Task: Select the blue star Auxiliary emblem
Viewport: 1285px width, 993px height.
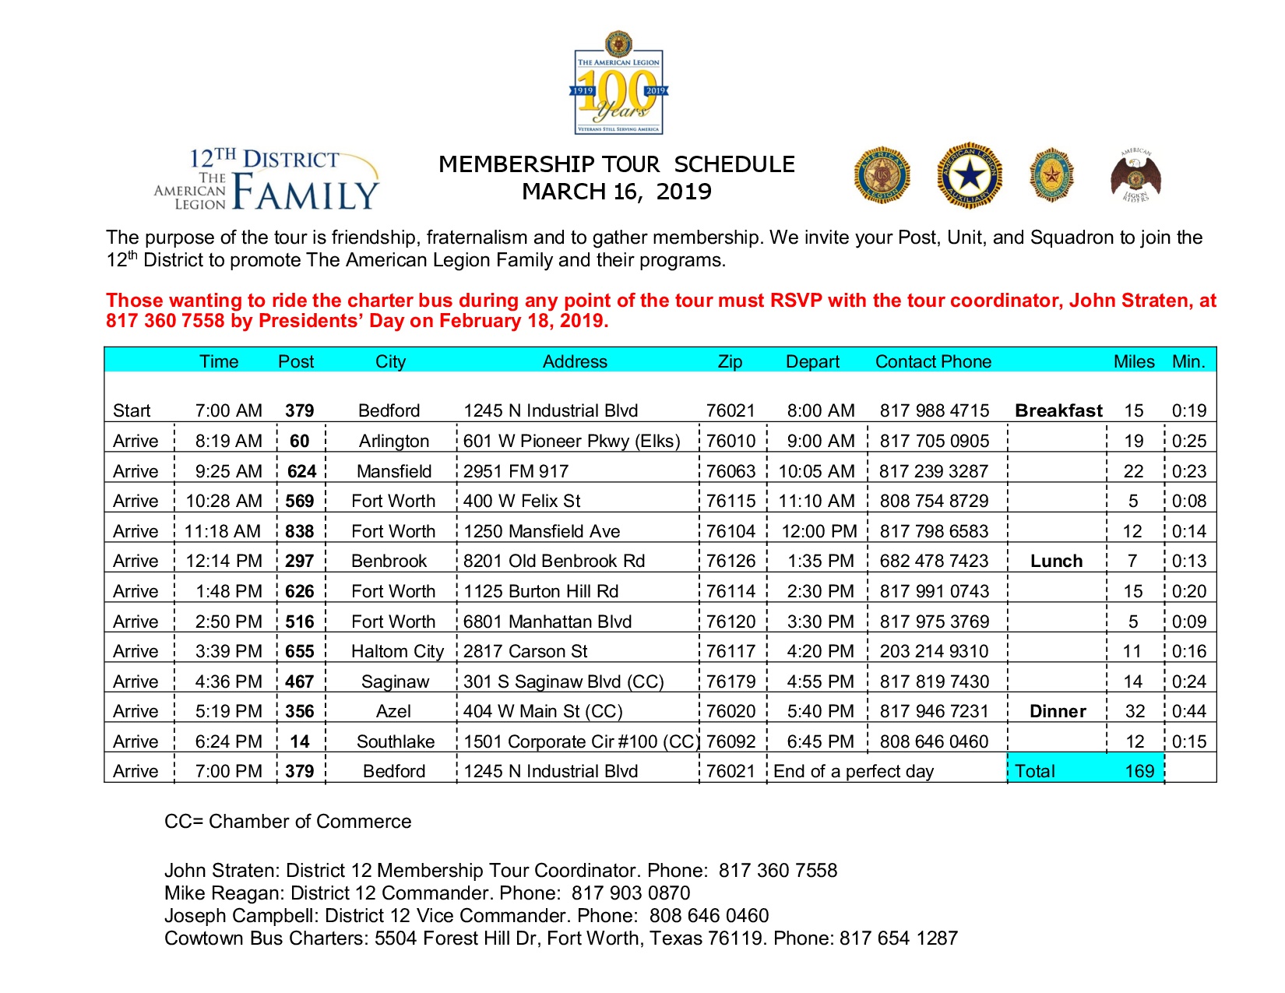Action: pyautogui.click(x=969, y=175)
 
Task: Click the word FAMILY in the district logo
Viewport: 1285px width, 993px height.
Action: pyautogui.click(x=305, y=193)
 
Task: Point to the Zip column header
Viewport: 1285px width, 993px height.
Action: pyautogui.click(x=730, y=361)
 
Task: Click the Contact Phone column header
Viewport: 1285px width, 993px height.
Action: pyautogui.click(x=933, y=361)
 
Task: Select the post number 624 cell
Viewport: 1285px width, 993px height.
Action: pyautogui.click(x=301, y=471)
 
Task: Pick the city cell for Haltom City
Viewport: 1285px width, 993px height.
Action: pyautogui.click(x=397, y=651)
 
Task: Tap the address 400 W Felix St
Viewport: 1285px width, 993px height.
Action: pyautogui.click(x=522, y=501)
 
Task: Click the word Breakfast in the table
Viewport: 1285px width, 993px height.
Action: pyautogui.click(x=1058, y=410)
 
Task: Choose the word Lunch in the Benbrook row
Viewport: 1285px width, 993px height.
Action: pyautogui.click(x=1056, y=561)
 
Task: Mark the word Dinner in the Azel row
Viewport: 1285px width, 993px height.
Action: pyautogui.click(x=1058, y=711)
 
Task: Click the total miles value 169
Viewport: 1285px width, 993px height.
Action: pyautogui.click(x=1139, y=771)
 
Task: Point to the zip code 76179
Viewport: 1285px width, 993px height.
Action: pyautogui.click(x=731, y=681)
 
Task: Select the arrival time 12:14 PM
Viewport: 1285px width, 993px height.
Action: pyautogui.click(x=224, y=561)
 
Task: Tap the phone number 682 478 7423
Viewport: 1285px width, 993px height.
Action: pyautogui.click(x=934, y=561)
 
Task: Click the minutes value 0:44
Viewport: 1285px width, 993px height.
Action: pyautogui.click(x=1189, y=711)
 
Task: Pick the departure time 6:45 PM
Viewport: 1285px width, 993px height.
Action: pyautogui.click(x=820, y=741)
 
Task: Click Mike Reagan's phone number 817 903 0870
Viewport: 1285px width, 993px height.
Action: pyautogui.click(x=631, y=893)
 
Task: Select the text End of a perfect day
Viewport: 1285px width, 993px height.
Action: pyautogui.click(x=854, y=771)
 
